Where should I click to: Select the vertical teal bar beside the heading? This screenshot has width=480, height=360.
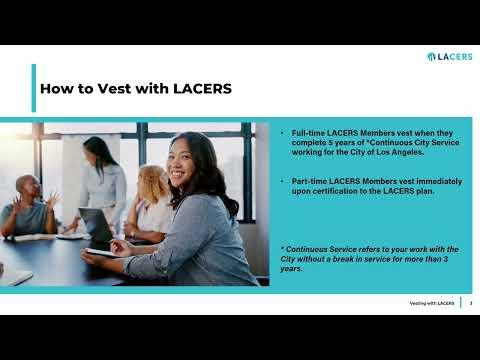coord(34,88)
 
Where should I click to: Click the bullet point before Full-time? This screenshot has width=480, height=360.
coord(282,133)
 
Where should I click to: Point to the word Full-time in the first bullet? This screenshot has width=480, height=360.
coord(307,133)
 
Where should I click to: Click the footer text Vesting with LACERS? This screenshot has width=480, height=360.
coord(432,303)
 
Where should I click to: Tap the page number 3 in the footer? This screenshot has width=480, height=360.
coord(471,303)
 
